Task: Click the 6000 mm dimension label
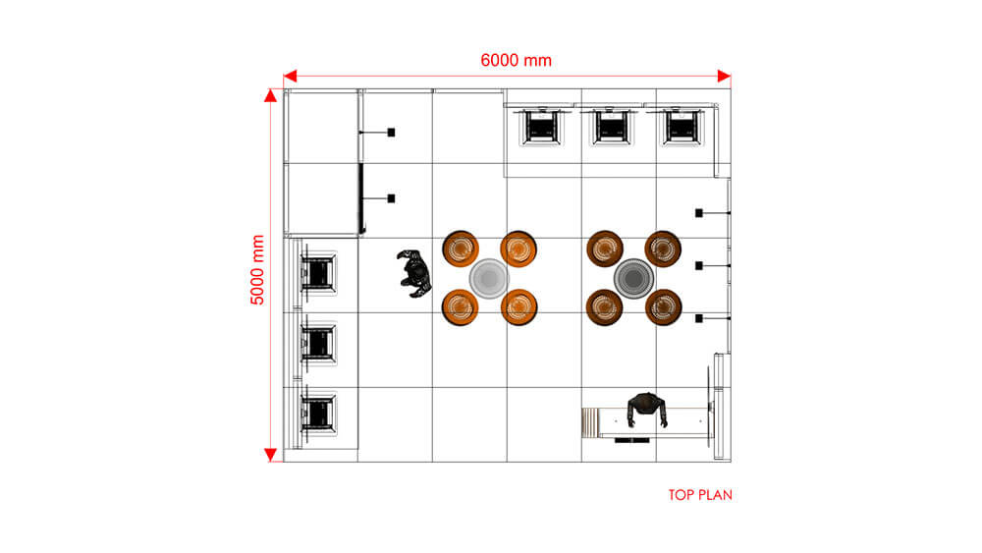pyautogui.click(x=517, y=60)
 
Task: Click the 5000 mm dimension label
pyautogui.click(x=257, y=270)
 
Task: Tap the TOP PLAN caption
pyautogui.click(x=700, y=495)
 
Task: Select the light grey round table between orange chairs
pyautogui.click(x=489, y=279)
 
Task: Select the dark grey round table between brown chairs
pyautogui.click(x=633, y=279)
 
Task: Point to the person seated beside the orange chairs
pyautogui.click(x=414, y=273)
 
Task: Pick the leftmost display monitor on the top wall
pyautogui.click(x=541, y=127)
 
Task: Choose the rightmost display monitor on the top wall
pyautogui.click(x=681, y=127)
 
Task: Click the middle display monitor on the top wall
pyautogui.click(x=611, y=127)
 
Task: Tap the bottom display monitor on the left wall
pyautogui.click(x=318, y=414)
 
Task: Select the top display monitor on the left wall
pyautogui.click(x=318, y=273)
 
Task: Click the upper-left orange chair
pyautogui.click(x=461, y=248)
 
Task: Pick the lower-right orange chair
pyautogui.click(x=518, y=307)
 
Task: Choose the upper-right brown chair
pyautogui.click(x=663, y=248)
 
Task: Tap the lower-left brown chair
pyautogui.click(x=604, y=307)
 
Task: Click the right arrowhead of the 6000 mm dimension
pyautogui.click(x=724, y=77)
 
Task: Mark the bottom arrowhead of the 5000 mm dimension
pyautogui.click(x=271, y=456)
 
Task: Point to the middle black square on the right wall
pyautogui.click(x=699, y=265)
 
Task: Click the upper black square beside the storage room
pyautogui.click(x=392, y=133)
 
